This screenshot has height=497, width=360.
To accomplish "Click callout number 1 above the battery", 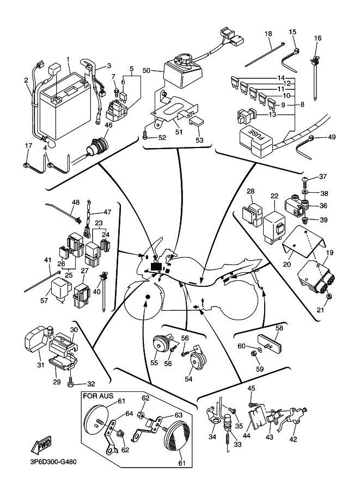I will pos(68,59).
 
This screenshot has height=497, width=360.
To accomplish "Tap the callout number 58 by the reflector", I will pos(279,328).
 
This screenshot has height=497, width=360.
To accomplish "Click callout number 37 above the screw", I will pos(323,176).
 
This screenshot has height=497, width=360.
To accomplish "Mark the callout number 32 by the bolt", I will pos(91,384).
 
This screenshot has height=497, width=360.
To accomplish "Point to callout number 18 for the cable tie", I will pos(269,34).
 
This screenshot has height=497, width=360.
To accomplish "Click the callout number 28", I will pos(251,191).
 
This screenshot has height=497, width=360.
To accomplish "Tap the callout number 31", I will pos(40,365).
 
